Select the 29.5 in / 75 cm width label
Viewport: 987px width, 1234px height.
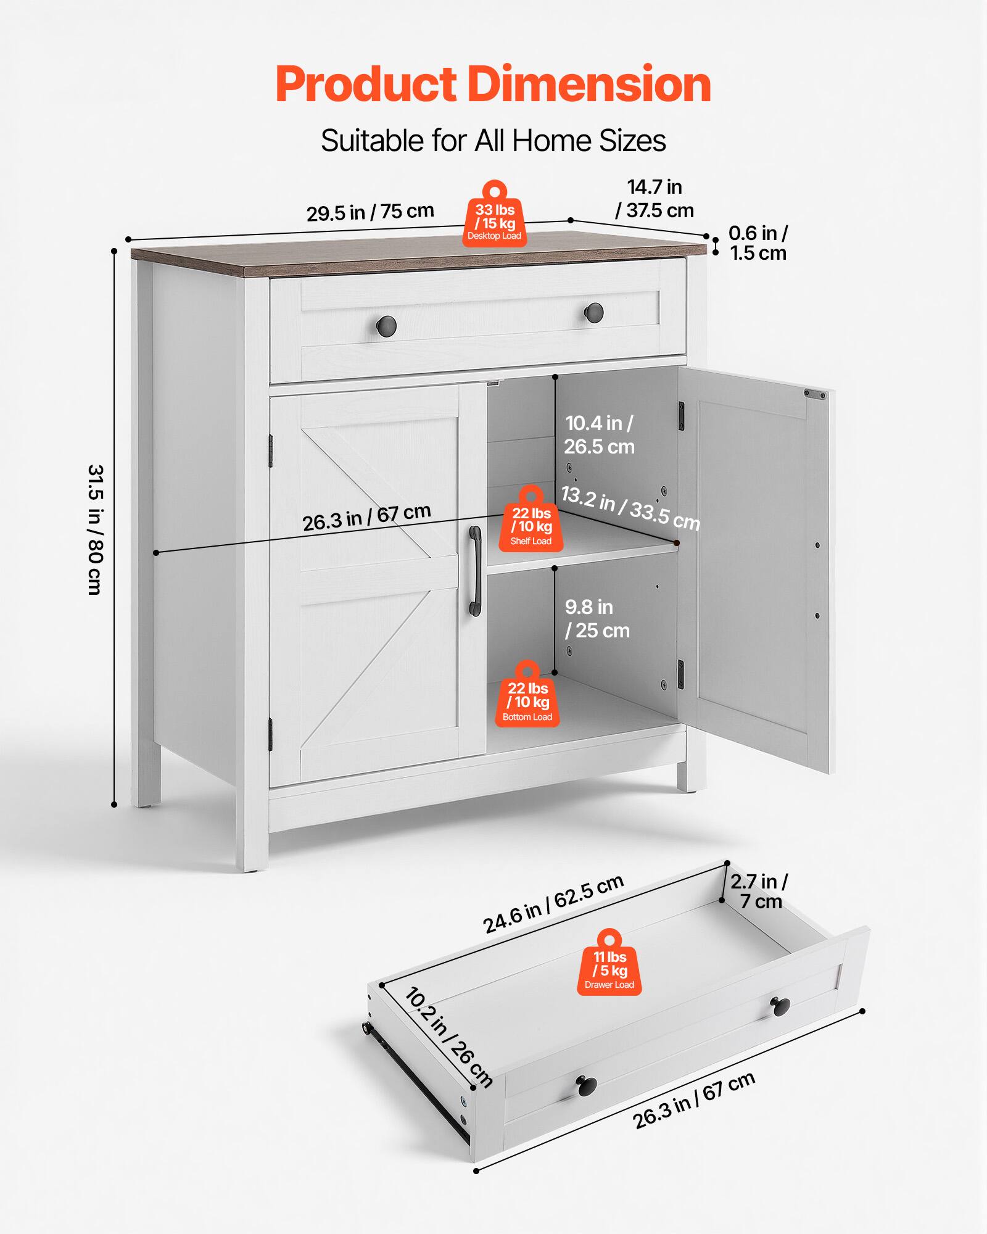click(x=370, y=212)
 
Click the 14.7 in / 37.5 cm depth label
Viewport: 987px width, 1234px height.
click(x=655, y=199)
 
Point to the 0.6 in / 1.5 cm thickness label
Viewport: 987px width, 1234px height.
click(x=758, y=243)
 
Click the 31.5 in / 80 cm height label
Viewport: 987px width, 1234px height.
click(x=95, y=529)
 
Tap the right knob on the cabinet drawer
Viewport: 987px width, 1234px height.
click(x=594, y=311)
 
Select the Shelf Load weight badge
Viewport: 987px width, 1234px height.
click(x=531, y=523)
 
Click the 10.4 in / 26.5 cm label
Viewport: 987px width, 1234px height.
click(x=599, y=435)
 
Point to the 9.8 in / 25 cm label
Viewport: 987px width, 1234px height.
click(x=597, y=619)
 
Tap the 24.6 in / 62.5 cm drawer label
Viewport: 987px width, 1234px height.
click(x=553, y=905)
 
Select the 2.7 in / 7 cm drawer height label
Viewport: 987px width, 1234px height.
click(x=759, y=891)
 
